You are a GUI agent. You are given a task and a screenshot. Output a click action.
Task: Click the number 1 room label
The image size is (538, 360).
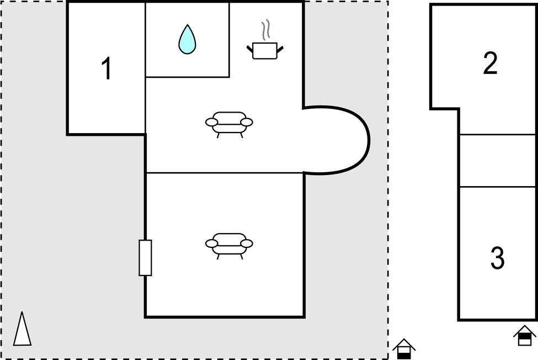click(107, 68)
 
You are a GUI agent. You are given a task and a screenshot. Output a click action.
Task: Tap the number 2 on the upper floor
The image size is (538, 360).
click(491, 63)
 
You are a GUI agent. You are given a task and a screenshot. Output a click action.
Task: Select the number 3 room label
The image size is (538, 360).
click(498, 258)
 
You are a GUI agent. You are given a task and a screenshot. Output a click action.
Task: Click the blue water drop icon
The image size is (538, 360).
click(188, 39)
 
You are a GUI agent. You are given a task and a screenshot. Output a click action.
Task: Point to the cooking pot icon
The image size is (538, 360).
click(265, 50)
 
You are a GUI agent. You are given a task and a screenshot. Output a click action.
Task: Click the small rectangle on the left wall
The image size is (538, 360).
click(145, 258)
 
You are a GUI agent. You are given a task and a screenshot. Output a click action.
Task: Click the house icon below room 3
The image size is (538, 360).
click(525, 336)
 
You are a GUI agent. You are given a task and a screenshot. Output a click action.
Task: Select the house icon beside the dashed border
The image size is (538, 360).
click(404, 349)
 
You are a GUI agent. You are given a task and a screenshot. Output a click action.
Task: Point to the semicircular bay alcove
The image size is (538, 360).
click(336, 140)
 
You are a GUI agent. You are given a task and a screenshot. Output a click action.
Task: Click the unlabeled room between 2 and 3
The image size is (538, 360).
click(498, 161)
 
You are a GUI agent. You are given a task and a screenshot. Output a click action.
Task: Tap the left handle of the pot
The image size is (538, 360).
click(249, 50)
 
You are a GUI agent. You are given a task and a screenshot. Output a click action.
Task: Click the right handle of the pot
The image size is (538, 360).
click(280, 50)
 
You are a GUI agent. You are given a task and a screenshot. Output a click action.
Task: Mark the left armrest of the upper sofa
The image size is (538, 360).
click(211, 122)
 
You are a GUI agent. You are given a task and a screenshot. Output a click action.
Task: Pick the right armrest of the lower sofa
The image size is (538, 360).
click(247, 243)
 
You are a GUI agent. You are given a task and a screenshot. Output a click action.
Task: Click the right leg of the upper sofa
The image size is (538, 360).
click(242, 136)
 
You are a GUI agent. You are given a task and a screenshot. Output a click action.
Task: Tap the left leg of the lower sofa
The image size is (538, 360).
click(218, 257)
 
